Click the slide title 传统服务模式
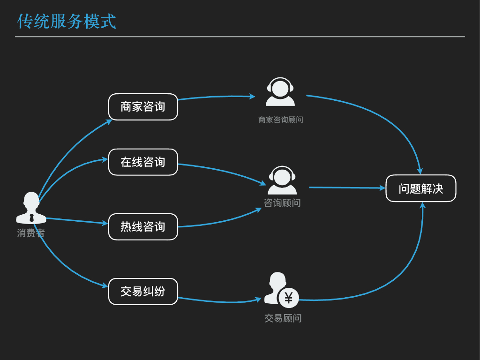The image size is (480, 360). point(67,22)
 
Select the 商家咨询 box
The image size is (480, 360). point(143,107)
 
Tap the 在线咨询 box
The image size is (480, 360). point(143,162)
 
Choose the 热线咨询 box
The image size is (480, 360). point(143,227)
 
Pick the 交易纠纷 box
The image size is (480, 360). point(143,292)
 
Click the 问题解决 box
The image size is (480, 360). point(420,188)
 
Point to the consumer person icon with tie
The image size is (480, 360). point(31,208)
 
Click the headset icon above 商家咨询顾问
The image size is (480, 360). point(280,92)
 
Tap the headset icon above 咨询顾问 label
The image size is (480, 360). point(282,180)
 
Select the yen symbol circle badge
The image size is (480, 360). point(288,298)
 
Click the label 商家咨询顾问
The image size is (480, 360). point(280,120)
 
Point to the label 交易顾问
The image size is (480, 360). point(283,319)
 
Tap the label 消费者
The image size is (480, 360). point(31,233)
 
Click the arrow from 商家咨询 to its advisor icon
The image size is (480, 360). point(216,97)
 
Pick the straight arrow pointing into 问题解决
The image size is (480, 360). point(347,187)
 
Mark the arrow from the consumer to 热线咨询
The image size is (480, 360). point(77,221)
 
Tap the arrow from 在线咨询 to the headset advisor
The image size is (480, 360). point(220,172)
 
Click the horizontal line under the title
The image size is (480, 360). point(240,37)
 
